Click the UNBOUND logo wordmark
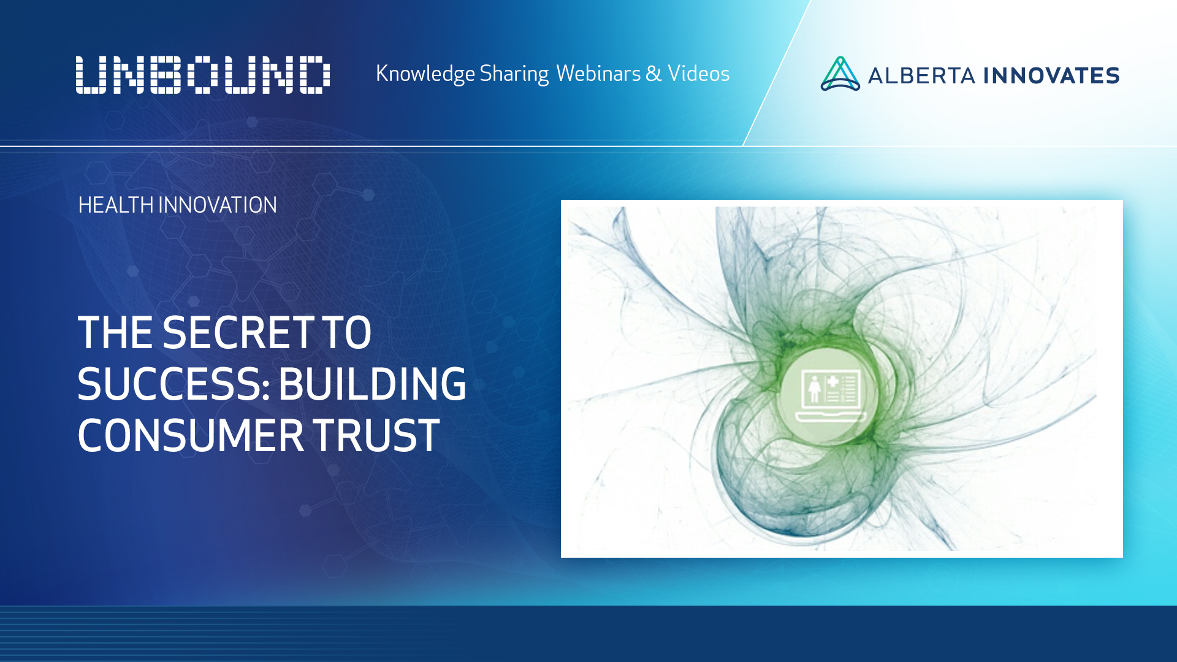[203, 75]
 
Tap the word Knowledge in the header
[425, 74]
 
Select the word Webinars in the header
[598, 74]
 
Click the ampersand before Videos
[653, 74]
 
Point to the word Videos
[698, 74]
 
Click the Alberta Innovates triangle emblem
[840, 75]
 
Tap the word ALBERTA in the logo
[921, 76]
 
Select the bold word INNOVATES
[1051, 76]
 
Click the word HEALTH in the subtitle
[116, 205]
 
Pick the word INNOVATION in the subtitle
[218, 205]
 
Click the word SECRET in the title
[238, 333]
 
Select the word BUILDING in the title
[372, 384]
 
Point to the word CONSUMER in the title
[191, 436]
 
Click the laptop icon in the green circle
[831, 395]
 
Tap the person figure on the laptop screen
[814, 389]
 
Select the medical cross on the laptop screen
[832, 382]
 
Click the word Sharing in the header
[514, 74]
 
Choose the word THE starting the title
[115, 333]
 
